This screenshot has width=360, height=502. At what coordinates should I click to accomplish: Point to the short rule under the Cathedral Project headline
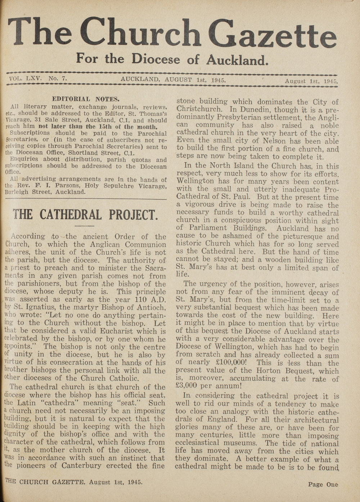click(85, 226)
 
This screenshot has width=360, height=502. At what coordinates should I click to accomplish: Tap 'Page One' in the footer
click(323, 484)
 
